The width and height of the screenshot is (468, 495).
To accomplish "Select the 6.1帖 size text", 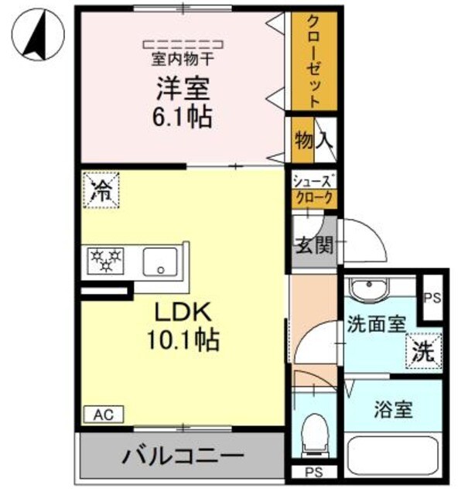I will click(183, 118).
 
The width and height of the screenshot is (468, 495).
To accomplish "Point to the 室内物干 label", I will click(183, 58).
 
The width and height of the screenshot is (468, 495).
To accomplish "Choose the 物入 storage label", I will click(313, 140).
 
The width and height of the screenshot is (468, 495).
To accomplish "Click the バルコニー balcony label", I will click(182, 454).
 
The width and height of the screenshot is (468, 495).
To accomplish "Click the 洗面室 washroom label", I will click(376, 325).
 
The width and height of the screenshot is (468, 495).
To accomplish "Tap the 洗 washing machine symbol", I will click(424, 349).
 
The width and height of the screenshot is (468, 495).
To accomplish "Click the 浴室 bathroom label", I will click(394, 409).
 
